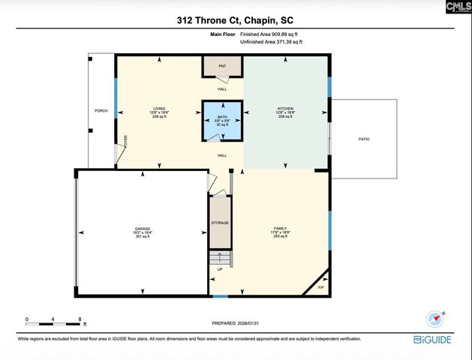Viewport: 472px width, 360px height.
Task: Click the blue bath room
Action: pos(222,121)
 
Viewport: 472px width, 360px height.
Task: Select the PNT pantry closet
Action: pos(222,67)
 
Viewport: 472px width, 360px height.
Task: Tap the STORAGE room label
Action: pos(220,223)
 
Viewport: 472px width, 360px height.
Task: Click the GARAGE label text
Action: pos(143,229)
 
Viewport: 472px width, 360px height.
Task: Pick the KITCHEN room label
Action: pos(286,109)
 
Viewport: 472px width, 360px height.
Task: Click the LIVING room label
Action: pos(158,109)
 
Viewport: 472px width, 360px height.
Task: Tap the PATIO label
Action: pos(363,139)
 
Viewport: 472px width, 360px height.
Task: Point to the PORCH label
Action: pos(101,110)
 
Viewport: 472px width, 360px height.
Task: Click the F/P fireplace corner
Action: pos(320,286)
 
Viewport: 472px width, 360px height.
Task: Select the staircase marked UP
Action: pos(220,261)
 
